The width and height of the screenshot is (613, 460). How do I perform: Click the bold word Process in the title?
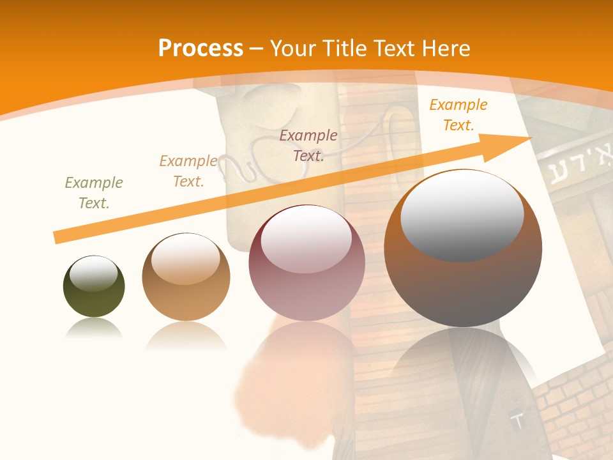[x=201, y=48]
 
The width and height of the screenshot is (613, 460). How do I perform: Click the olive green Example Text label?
[x=94, y=193]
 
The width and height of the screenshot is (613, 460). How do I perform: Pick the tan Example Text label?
[x=188, y=171]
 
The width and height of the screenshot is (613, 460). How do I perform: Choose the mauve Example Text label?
[x=308, y=146]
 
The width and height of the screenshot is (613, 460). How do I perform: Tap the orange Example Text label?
[x=458, y=115]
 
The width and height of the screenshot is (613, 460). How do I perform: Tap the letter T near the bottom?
[x=518, y=421]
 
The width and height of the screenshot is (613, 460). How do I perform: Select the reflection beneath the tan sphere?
[x=186, y=335]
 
